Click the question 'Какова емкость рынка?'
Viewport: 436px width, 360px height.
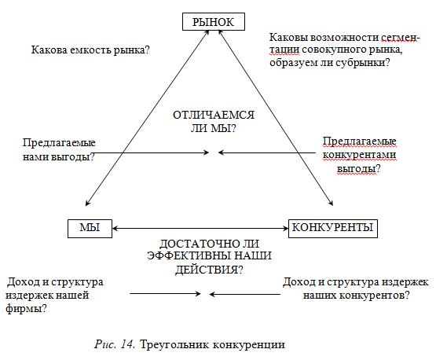90,50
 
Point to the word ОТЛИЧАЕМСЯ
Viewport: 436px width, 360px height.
214,115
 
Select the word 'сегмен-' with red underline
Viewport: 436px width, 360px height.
400,38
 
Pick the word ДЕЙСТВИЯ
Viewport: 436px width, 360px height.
207,270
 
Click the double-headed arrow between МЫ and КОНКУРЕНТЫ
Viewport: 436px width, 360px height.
200,229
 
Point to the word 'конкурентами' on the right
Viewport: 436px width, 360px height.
359,155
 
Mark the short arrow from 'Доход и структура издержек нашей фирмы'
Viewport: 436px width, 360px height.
165,293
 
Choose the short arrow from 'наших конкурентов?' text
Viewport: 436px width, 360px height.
244,294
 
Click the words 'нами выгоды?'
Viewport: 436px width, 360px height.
59,157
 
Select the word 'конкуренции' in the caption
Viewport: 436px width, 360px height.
249,345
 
